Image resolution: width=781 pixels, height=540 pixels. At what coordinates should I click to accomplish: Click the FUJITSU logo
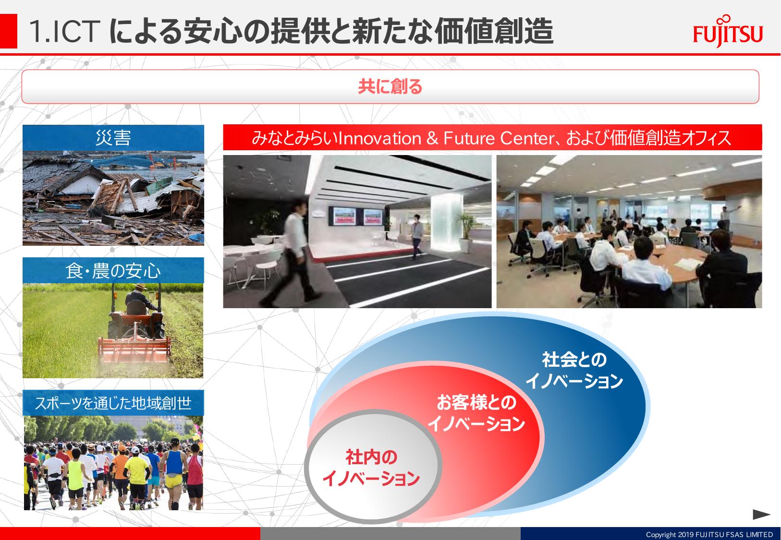(728, 31)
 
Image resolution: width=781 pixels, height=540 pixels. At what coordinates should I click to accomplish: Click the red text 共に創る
(390, 86)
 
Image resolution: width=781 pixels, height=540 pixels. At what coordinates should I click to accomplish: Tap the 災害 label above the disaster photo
(113, 138)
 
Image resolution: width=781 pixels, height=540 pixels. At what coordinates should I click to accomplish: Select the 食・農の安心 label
(113, 271)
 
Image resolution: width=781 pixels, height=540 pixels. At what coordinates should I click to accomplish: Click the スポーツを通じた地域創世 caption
(113, 403)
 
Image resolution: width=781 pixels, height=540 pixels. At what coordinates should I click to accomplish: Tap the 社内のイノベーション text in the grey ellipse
(371, 468)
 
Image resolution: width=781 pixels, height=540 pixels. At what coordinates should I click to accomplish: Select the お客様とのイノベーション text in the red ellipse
(476, 413)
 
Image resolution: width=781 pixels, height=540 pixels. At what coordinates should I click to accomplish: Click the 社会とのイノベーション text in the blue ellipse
(574, 370)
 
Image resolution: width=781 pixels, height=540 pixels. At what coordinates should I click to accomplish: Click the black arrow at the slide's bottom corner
(761, 514)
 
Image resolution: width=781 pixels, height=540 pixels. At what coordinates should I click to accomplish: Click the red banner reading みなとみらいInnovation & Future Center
(492, 138)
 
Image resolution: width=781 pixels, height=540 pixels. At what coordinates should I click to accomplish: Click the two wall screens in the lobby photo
(355, 216)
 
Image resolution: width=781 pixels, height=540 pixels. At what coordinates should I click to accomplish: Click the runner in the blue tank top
(173, 474)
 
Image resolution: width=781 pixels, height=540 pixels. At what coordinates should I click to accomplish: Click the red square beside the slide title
(8, 31)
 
